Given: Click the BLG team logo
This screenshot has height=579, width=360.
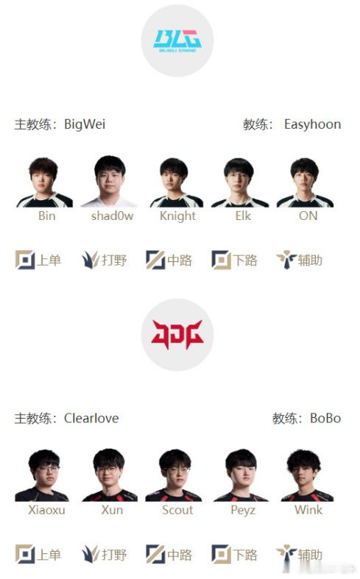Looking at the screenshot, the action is (177, 40).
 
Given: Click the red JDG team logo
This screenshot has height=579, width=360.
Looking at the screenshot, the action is (177, 335).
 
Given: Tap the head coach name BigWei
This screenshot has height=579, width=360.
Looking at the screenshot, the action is (85, 124).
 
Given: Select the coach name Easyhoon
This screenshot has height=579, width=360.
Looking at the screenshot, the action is (312, 124).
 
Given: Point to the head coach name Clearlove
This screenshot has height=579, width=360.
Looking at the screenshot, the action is (91, 419).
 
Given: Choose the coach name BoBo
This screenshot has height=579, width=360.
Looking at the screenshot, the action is (325, 419).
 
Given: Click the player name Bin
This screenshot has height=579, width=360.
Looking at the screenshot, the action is (47, 216).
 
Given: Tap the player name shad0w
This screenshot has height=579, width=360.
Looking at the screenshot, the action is (113, 216).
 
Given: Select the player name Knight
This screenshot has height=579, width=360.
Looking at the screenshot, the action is (177, 216).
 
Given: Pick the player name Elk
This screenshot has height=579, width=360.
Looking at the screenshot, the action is (243, 216).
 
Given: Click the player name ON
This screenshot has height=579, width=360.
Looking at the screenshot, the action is (308, 216).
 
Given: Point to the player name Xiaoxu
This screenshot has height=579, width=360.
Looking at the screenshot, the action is (46, 510).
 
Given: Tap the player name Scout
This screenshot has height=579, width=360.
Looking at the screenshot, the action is (177, 510).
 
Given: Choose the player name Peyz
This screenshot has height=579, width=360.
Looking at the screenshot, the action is (243, 511).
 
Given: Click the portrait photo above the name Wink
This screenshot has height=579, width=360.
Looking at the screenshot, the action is (308, 475).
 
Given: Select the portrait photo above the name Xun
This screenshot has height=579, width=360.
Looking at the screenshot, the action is (110, 475).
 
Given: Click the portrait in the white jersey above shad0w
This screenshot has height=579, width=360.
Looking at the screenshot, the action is (110, 181).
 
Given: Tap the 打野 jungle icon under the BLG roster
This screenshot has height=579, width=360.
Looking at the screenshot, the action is (91, 260).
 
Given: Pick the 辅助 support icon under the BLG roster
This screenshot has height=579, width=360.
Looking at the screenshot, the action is (286, 260).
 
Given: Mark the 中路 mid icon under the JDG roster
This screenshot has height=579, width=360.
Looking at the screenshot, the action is (155, 554).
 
